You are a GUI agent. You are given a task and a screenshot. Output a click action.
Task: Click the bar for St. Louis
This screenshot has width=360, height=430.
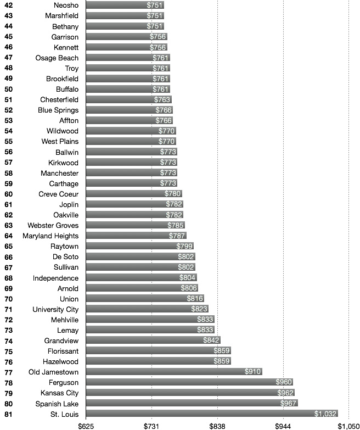pos(212,414)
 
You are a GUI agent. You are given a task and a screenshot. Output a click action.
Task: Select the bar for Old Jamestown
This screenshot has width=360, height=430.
pos(174,372)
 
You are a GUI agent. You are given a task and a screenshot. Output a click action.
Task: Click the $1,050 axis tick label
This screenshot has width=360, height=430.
pos(348,426)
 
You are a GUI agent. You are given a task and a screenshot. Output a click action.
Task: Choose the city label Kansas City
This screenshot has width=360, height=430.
pos(59,393)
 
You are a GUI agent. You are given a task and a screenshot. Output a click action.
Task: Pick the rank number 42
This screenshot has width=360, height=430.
pos(8,5)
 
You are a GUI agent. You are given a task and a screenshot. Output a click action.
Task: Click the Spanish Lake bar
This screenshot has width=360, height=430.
pos(192,404)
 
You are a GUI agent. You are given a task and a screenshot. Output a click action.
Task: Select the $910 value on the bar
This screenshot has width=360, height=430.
pos(252,372)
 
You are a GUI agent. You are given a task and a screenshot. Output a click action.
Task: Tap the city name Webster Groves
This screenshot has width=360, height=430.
pos(53,226)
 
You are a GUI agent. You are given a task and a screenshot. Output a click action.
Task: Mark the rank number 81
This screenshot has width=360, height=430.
pos(8,414)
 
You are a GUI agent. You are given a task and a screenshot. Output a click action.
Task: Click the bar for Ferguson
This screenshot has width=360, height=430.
pos(189,382)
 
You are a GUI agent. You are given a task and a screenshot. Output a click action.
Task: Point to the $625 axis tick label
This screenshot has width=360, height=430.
pos(86,426)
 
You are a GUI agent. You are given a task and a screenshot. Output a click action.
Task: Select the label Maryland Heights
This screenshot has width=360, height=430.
pos(50,236)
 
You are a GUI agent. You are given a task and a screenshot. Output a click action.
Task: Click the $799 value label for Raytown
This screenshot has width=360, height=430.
pos(184,247)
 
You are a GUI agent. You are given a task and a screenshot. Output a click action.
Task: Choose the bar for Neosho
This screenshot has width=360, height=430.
pos(125,5)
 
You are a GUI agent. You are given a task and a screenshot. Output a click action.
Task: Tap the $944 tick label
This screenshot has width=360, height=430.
pos(283,426)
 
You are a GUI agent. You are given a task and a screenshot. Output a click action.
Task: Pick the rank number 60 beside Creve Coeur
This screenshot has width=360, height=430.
pos(8,194)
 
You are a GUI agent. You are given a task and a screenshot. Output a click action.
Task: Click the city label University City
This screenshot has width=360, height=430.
pos(55,309)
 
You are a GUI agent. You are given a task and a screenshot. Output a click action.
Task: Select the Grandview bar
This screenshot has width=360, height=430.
pos(153,340)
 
